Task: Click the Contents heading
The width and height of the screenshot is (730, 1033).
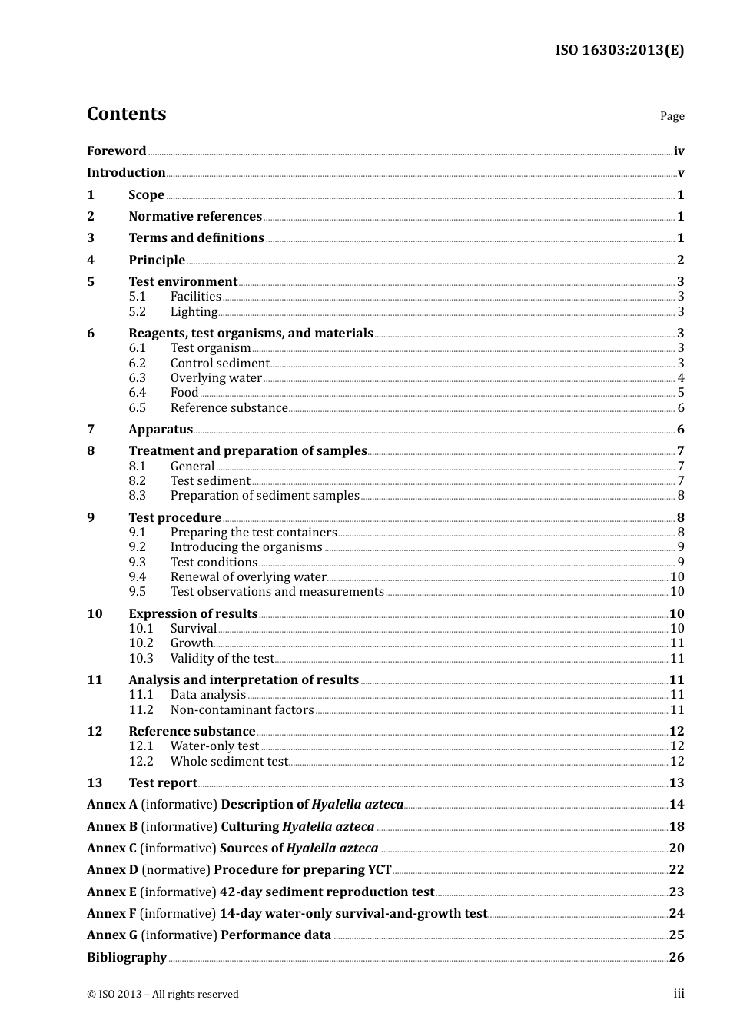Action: (x=126, y=114)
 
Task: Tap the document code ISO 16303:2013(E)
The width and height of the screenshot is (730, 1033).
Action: (x=619, y=50)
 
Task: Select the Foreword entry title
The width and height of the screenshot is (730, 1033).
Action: (x=116, y=151)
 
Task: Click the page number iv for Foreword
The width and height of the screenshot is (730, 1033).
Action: (x=679, y=151)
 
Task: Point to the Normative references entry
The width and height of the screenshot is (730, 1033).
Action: (x=195, y=217)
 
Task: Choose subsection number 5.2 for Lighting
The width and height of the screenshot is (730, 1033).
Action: (x=137, y=312)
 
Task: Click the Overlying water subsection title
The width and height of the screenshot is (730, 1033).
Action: (x=216, y=378)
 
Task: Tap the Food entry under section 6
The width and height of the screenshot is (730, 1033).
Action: (x=184, y=393)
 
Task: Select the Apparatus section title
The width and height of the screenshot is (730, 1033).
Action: (x=161, y=430)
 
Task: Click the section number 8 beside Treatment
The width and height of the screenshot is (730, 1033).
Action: (x=91, y=451)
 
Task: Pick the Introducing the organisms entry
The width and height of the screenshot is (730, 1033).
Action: (x=246, y=547)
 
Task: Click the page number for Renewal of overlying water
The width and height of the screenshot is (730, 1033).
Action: (x=677, y=577)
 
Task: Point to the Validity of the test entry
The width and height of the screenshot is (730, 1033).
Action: (x=222, y=659)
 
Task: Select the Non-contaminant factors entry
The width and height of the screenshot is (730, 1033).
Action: (x=242, y=710)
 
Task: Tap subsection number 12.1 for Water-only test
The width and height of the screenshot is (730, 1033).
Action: (x=141, y=746)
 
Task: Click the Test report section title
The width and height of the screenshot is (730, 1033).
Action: (x=163, y=783)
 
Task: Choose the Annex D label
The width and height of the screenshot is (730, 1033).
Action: (x=112, y=870)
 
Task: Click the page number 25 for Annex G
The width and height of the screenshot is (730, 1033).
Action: (x=676, y=935)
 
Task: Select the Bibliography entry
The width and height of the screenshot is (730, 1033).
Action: (x=127, y=958)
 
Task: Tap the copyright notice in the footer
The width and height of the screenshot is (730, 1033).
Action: (x=163, y=995)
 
